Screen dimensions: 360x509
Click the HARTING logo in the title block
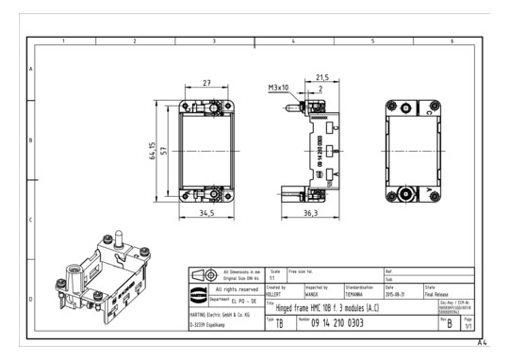click(x=199, y=273)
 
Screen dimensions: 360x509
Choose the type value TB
click(x=279, y=323)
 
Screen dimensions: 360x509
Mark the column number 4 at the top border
click(x=293, y=41)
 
